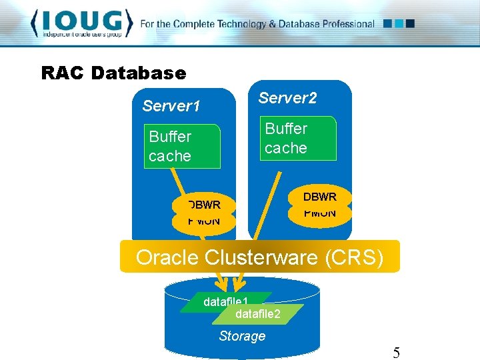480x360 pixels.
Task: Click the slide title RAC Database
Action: [113, 73]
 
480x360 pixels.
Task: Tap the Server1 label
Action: [171, 106]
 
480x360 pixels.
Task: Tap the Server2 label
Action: [287, 98]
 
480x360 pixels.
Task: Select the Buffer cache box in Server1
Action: [183, 146]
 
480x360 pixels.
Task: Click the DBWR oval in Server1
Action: [204, 205]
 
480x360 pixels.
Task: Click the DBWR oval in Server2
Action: [320, 197]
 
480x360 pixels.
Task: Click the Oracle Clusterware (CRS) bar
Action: [259, 257]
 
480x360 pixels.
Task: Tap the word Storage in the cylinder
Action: [242, 336]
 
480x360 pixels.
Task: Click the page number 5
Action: [396, 353]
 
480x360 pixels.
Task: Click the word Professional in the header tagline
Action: [344, 24]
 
